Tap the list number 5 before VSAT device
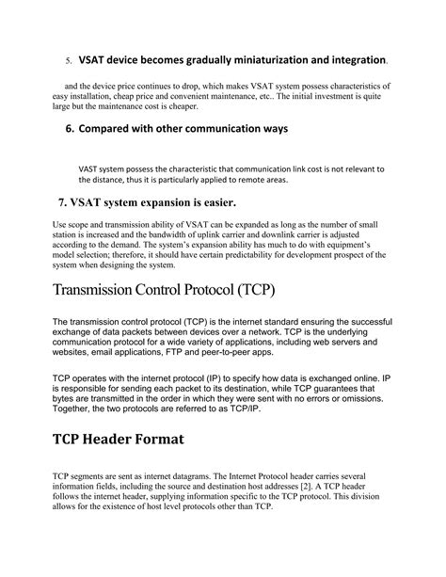coord(68,61)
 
